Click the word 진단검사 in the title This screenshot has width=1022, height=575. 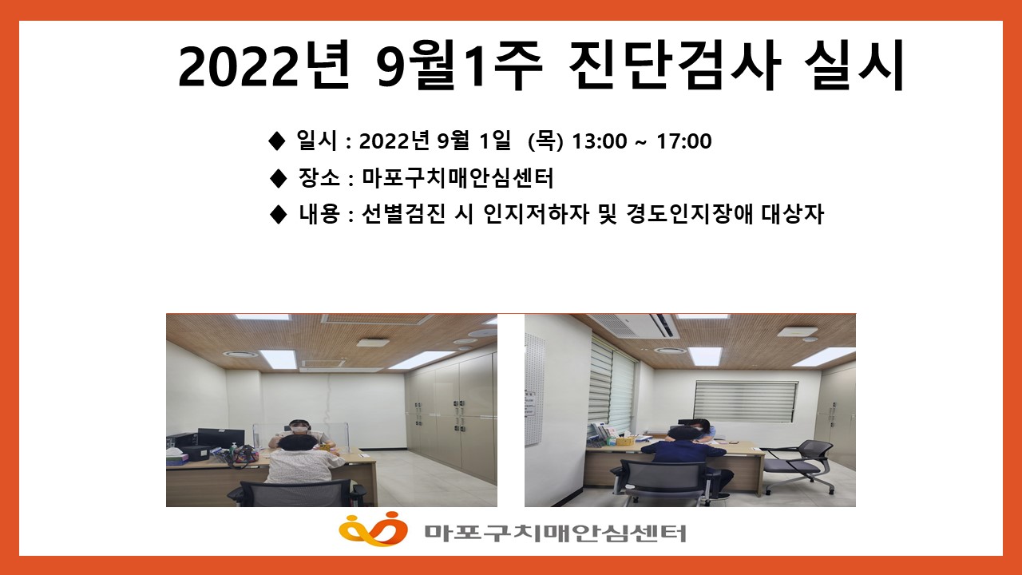coord(675,65)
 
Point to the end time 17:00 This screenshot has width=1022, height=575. coord(684,141)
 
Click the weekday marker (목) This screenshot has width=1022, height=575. coord(545,141)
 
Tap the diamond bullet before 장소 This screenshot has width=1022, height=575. coord(278,178)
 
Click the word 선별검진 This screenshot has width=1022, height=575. coord(403,213)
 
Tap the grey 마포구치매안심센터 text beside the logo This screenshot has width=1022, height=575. coord(555,533)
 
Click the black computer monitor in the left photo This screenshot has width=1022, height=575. coord(215,437)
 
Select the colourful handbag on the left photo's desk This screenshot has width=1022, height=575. coord(244,454)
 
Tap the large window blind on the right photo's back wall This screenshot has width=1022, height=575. coord(746,402)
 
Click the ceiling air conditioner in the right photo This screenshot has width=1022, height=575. coord(634,324)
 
